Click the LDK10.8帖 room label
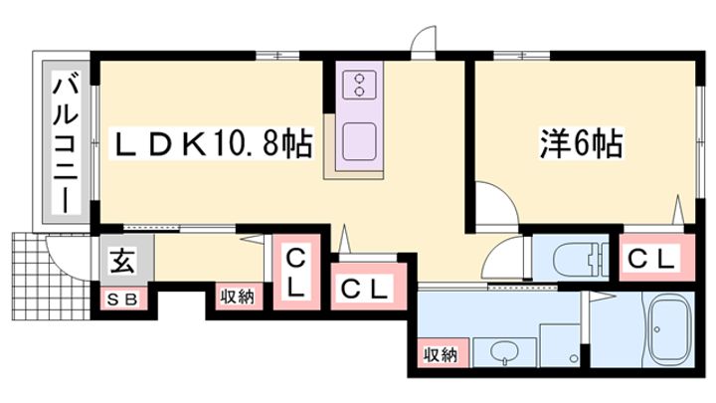pyautogui.click(x=213, y=143)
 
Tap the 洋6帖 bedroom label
pyautogui.click(x=582, y=143)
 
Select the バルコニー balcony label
pyautogui.click(x=66, y=141)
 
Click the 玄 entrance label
pyautogui.click(x=123, y=261)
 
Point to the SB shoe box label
pyautogui.click(x=122, y=300)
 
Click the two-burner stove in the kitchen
pyautogui.click(x=360, y=85)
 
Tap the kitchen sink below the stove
pyautogui.click(x=360, y=141)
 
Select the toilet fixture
pyautogui.click(x=580, y=258)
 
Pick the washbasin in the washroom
pyautogui.click(x=504, y=352)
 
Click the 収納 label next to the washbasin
pyautogui.click(x=441, y=354)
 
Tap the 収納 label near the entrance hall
pyautogui.click(x=238, y=298)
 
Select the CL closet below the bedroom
pyautogui.click(x=651, y=260)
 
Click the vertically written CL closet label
pyautogui.click(x=296, y=275)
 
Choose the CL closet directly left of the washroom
pyautogui.click(x=364, y=289)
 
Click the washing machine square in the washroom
pyautogui.click(x=560, y=344)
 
